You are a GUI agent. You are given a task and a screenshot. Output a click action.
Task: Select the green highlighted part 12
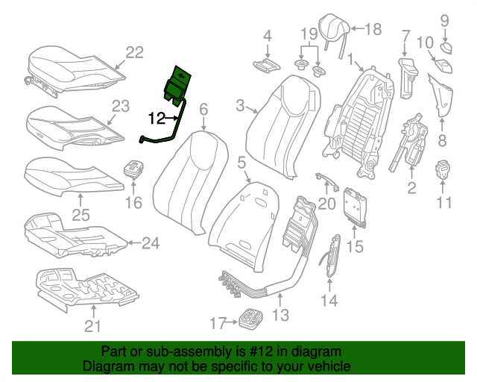point(178,83)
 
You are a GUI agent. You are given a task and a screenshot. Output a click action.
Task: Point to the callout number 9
point(444,20)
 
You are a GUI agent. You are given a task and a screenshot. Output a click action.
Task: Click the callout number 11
point(444,203)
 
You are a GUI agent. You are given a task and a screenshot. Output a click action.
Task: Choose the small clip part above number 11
point(445,169)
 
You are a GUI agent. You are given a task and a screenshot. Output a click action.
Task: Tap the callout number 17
point(218,323)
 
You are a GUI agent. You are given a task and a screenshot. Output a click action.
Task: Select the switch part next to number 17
point(250,319)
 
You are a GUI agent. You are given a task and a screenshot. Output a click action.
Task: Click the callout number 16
point(133,203)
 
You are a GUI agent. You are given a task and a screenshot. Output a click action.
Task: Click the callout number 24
point(151,242)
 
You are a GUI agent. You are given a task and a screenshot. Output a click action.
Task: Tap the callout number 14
point(329,300)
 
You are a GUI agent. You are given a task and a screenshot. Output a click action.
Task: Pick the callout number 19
point(309,34)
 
